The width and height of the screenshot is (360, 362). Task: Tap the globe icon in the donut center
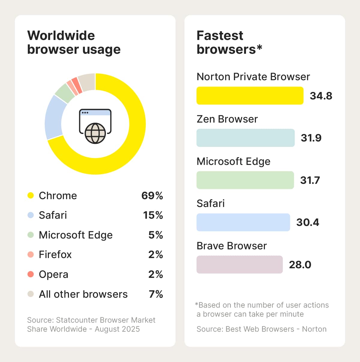click(95, 133)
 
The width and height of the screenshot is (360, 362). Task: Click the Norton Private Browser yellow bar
click(250, 96)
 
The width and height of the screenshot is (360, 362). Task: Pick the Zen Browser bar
click(245, 138)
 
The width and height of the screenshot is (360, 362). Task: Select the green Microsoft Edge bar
click(245, 180)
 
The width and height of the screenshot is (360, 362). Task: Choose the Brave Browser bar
click(239, 264)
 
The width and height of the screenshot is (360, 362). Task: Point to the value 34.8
click(321, 96)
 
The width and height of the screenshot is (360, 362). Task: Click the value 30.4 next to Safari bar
click(307, 222)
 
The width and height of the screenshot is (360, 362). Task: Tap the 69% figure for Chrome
click(152, 196)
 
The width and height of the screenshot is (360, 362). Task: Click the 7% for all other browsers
click(156, 294)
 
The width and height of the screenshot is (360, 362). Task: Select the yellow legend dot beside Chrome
click(31, 196)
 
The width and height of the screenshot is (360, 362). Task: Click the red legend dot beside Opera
click(31, 274)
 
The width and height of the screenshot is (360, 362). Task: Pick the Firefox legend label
click(55, 254)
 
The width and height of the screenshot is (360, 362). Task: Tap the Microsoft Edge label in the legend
click(76, 235)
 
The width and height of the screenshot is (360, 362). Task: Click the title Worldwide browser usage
click(73, 42)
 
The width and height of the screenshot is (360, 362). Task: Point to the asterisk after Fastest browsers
click(259, 47)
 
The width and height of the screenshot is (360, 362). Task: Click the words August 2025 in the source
click(117, 329)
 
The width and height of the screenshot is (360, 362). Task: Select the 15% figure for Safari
click(153, 215)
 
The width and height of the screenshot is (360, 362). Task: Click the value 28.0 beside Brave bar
click(300, 265)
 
